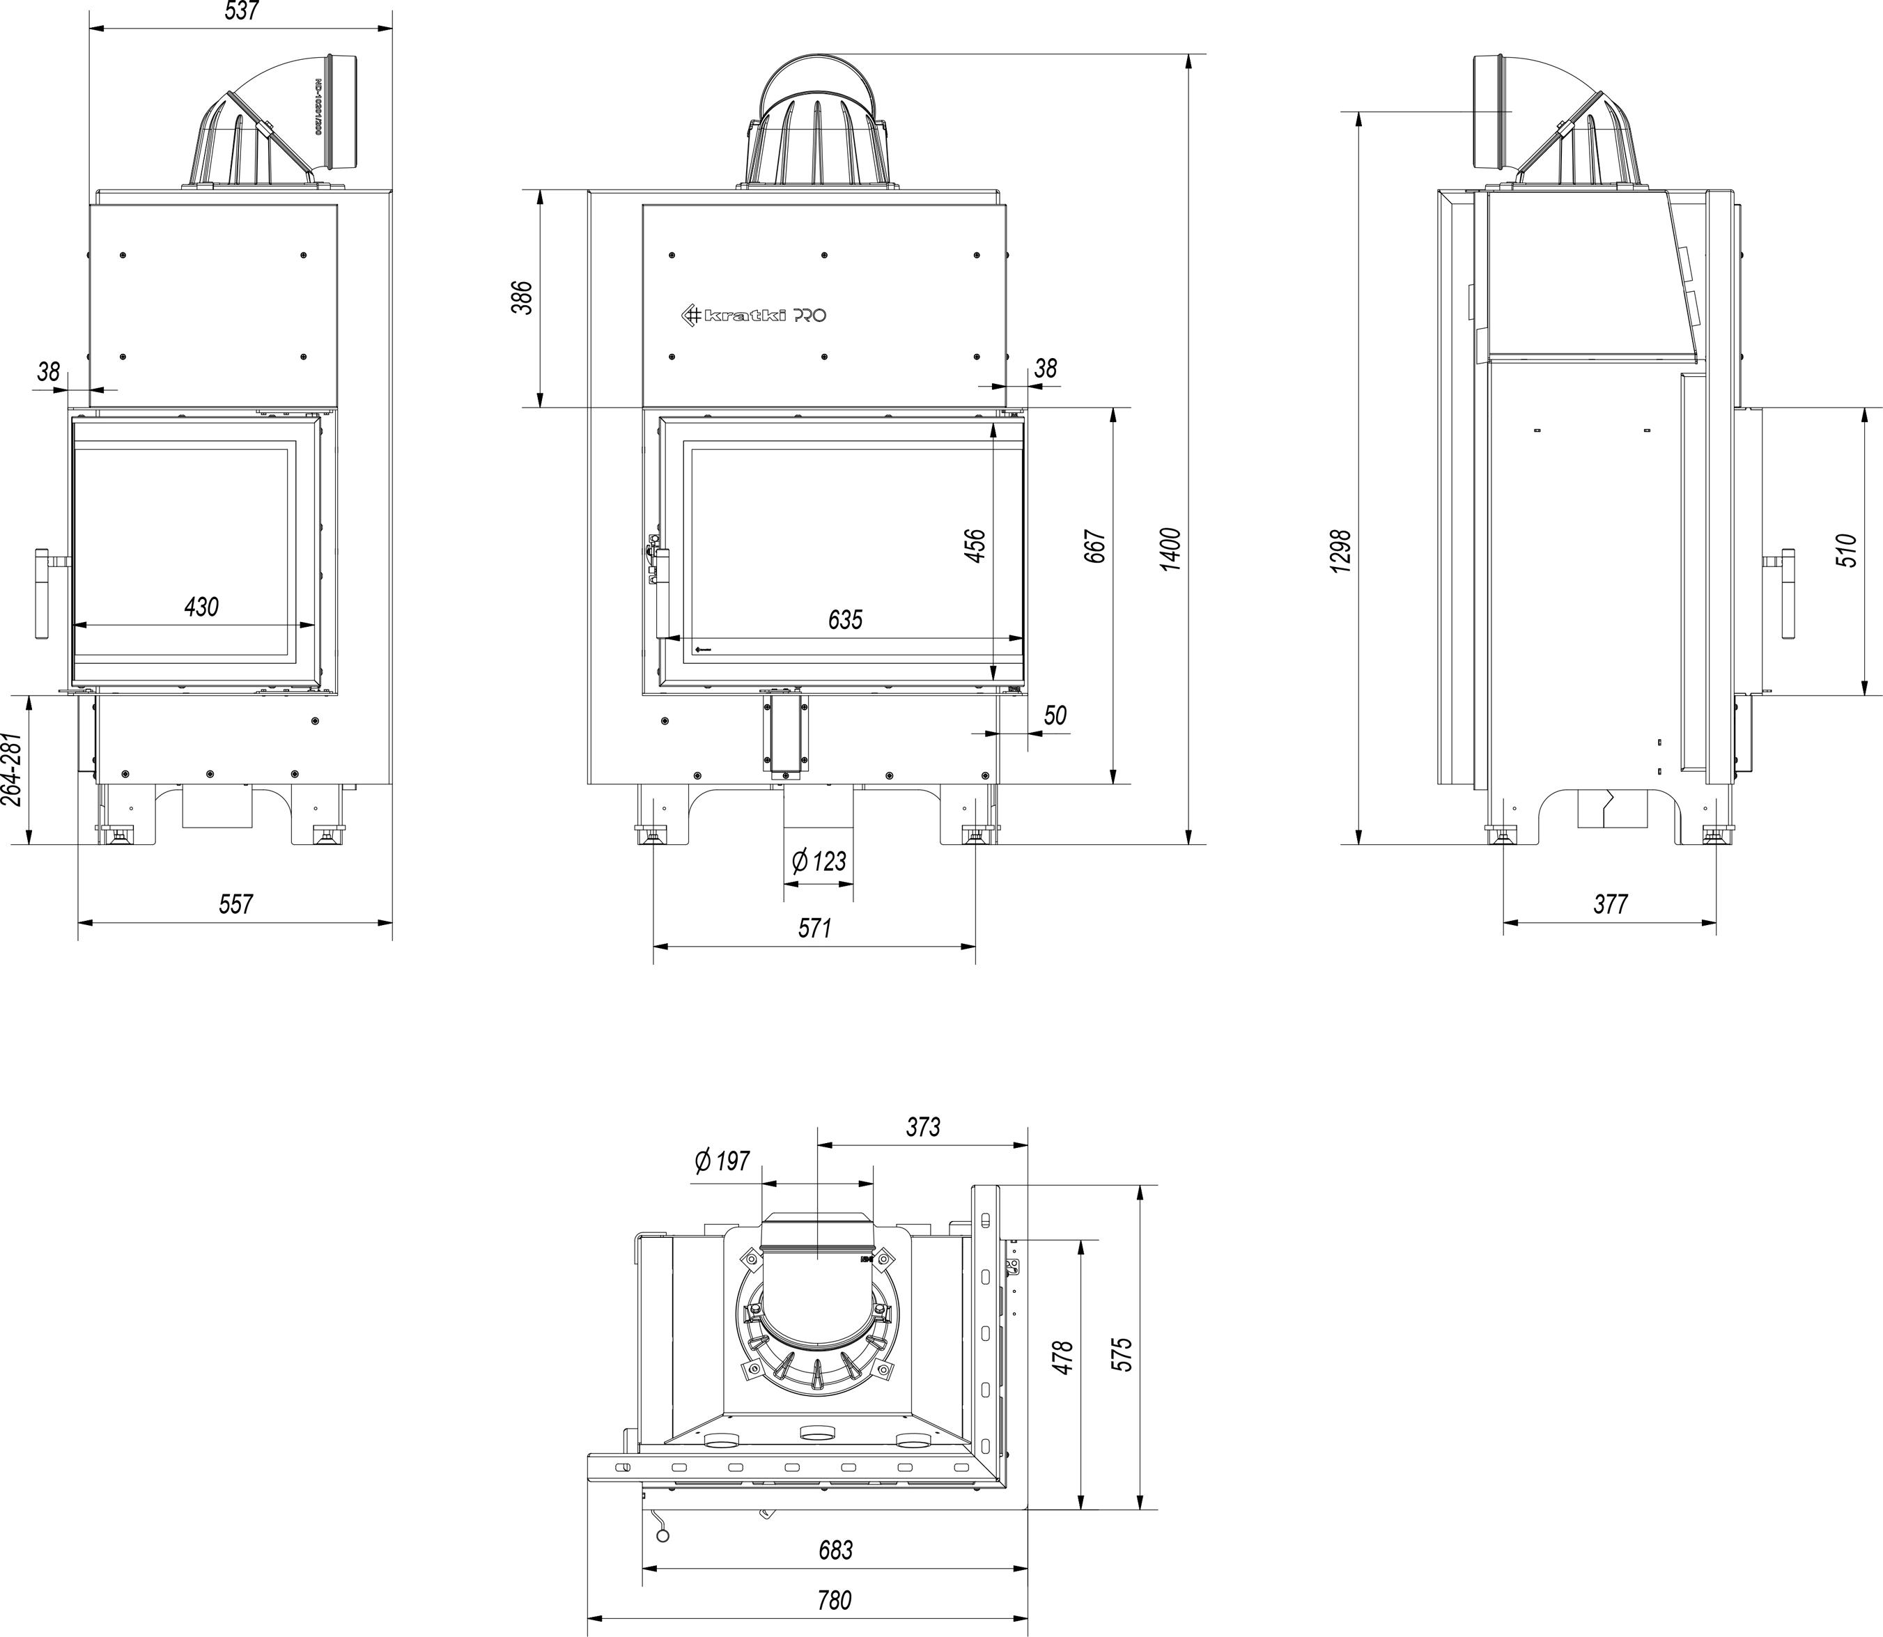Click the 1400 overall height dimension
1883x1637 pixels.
tap(1170, 548)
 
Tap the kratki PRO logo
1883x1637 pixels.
tap(756, 315)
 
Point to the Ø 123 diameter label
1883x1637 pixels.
tap(819, 860)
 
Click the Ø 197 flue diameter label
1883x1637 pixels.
tap(722, 1161)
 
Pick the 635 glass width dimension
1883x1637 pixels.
tap(845, 619)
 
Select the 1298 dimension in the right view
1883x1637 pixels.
tap(1341, 551)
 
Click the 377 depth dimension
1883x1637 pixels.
tap(1610, 903)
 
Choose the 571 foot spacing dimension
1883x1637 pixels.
tap(814, 927)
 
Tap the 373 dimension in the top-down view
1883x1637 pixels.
tap(923, 1127)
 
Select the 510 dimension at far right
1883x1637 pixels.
tap(1847, 551)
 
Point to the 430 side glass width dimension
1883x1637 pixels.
tap(201, 607)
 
